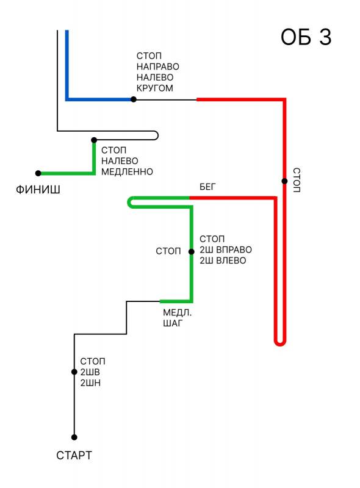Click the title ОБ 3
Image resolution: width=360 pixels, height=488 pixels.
point(306,37)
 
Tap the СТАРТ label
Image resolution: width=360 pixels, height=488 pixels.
point(74,455)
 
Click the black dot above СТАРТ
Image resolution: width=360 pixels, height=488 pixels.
point(74,437)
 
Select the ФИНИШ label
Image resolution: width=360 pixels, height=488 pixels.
point(38,190)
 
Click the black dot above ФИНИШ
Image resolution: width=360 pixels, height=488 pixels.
point(38,173)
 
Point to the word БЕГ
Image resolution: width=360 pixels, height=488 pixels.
point(207,187)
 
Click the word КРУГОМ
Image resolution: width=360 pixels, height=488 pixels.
point(155,88)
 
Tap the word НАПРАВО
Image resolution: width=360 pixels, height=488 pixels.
point(158,66)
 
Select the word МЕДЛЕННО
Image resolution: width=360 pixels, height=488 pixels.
point(127,172)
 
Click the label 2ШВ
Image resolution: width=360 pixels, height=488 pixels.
point(90,372)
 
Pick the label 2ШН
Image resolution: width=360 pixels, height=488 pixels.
point(90,383)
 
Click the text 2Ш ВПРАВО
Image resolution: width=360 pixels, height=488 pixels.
point(226,249)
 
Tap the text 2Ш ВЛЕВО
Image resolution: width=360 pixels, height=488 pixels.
point(223,260)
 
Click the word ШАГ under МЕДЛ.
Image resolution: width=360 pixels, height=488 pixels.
point(172,323)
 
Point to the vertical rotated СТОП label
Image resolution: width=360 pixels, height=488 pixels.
point(297,180)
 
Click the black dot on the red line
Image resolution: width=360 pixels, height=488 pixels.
point(284,181)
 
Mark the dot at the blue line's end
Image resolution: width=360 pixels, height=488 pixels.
point(133,99)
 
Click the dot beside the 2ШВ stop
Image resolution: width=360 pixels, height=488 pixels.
point(74,371)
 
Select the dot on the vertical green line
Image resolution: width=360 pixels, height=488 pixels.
point(192,251)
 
